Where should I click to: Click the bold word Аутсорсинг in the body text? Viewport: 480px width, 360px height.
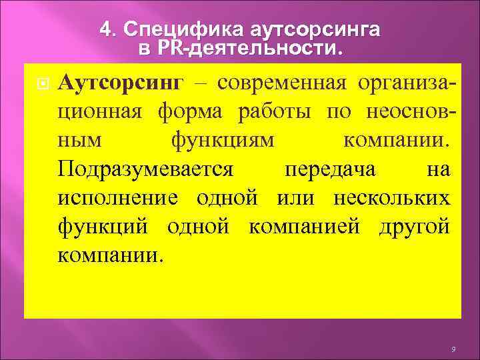[x=120, y=83]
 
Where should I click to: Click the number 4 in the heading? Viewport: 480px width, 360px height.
[x=104, y=29]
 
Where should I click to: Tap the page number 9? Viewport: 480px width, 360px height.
[x=453, y=349]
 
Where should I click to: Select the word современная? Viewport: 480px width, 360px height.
[x=281, y=83]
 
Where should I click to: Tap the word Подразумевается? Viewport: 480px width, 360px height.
[x=145, y=169]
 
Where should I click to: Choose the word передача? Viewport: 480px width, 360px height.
[x=330, y=169]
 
